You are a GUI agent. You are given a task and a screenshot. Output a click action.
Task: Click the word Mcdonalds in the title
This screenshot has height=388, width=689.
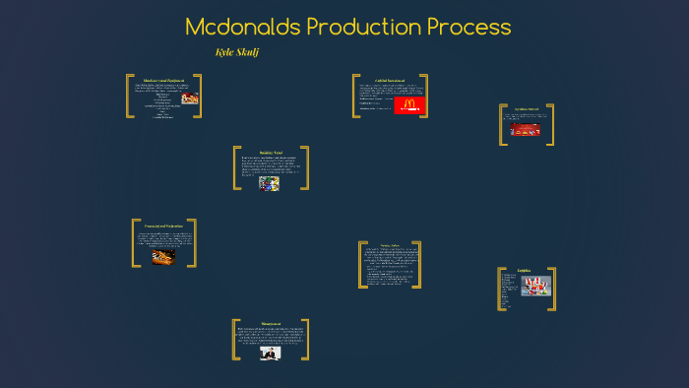[x=241, y=27]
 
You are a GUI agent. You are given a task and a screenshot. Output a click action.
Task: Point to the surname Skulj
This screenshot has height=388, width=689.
[x=247, y=50]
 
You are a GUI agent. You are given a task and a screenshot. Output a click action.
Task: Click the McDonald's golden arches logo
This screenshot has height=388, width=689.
[x=408, y=103]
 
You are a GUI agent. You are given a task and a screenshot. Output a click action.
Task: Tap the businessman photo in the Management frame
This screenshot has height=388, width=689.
[x=271, y=352]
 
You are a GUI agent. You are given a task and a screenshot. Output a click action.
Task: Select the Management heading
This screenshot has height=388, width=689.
[x=271, y=323]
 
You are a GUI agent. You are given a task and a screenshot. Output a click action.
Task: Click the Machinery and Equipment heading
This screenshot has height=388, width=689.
[x=164, y=80]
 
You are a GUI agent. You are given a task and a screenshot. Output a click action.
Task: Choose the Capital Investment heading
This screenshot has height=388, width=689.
[x=390, y=80]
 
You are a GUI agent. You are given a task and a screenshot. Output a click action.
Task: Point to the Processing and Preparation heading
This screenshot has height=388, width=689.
[x=164, y=226]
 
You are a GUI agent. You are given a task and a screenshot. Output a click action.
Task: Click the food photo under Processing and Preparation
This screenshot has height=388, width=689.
[x=164, y=255]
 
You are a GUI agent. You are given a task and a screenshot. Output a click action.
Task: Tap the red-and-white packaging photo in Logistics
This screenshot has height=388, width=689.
[x=535, y=287]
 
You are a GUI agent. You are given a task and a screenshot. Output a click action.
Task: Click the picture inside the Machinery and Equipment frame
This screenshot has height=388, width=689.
[x=188, y=98]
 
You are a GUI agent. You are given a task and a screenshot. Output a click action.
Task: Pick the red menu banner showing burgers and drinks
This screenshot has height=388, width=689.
[x=525, y=129]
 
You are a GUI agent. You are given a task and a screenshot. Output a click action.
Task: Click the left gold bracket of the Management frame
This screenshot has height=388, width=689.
[x=235, y=340]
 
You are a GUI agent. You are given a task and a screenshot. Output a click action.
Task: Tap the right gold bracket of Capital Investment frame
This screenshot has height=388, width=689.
[x=428, y=96]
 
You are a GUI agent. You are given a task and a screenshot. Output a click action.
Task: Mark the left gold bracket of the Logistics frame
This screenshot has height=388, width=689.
[x=501, y=289]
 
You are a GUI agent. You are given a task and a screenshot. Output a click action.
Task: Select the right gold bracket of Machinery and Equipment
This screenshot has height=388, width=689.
[x=200, y=97]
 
